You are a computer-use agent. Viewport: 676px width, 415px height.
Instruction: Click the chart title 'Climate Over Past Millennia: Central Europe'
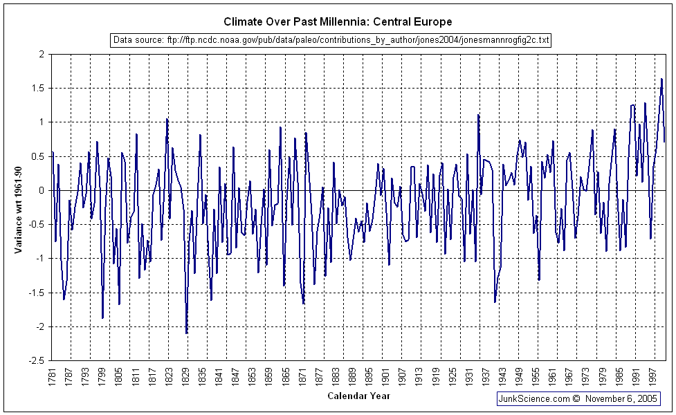tap(338, 22)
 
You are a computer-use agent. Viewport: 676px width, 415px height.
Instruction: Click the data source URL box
tap(331, 40)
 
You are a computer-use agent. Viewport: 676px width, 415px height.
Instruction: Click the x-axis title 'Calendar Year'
tap(358, 396)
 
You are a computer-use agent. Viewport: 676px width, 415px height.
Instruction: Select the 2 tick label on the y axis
tap(42, 54)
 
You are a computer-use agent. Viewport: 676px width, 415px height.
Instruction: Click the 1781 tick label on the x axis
tap(53, 377)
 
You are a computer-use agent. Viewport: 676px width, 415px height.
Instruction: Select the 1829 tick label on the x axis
tap(185, 377)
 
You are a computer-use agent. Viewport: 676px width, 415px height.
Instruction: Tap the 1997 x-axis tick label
tap(652, 377)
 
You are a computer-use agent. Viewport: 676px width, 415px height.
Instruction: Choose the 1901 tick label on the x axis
tap(385, 377)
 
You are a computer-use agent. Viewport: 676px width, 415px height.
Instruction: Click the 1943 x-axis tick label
tap(502, 377)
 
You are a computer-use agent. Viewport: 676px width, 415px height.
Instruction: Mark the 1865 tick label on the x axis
tap(286, 377)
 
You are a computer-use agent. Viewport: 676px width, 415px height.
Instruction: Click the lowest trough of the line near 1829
tap(187, 333)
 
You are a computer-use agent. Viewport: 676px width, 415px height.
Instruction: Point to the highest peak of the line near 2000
tap(661, 79)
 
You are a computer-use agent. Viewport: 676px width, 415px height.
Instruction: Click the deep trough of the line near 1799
tap(102, 318)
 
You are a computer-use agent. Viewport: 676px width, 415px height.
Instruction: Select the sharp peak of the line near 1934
tap(478, 115)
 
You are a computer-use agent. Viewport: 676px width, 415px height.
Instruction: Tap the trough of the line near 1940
tap(495, 302)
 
